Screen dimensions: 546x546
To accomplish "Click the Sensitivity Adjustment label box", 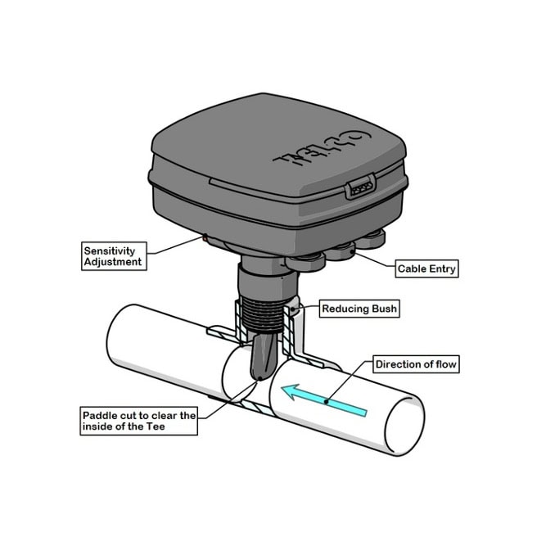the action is (114, 256).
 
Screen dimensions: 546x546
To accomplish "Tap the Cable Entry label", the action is (426, 268).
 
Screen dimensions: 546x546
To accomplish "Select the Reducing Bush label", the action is (359, 309).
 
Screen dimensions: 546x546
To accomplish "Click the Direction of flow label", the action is (416, 364).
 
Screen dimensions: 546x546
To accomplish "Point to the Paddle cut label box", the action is (139, 421).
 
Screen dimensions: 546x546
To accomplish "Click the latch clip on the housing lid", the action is (360, 187).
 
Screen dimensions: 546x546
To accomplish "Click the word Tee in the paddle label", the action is (156, 426).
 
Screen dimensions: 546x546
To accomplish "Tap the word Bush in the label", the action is (384, 309).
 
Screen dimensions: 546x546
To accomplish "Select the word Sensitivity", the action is (110, 250).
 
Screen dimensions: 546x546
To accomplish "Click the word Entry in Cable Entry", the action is (442, 268).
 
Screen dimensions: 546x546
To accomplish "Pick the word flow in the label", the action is (446, 364).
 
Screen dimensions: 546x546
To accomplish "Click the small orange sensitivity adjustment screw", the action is (205, 238).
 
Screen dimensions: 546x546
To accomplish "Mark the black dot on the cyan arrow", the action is (327, 401).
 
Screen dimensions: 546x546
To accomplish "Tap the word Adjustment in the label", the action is (113, 262).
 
